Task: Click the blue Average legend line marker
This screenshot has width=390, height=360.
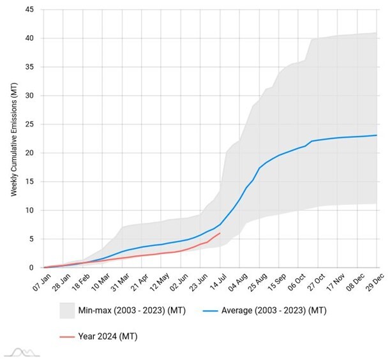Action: pyautogui.click(x=215, y=311)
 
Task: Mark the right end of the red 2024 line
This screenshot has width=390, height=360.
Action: pyautogui.click(x=220, y=233)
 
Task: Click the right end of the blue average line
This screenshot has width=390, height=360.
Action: pyautogui.click(x=377, y=135)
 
